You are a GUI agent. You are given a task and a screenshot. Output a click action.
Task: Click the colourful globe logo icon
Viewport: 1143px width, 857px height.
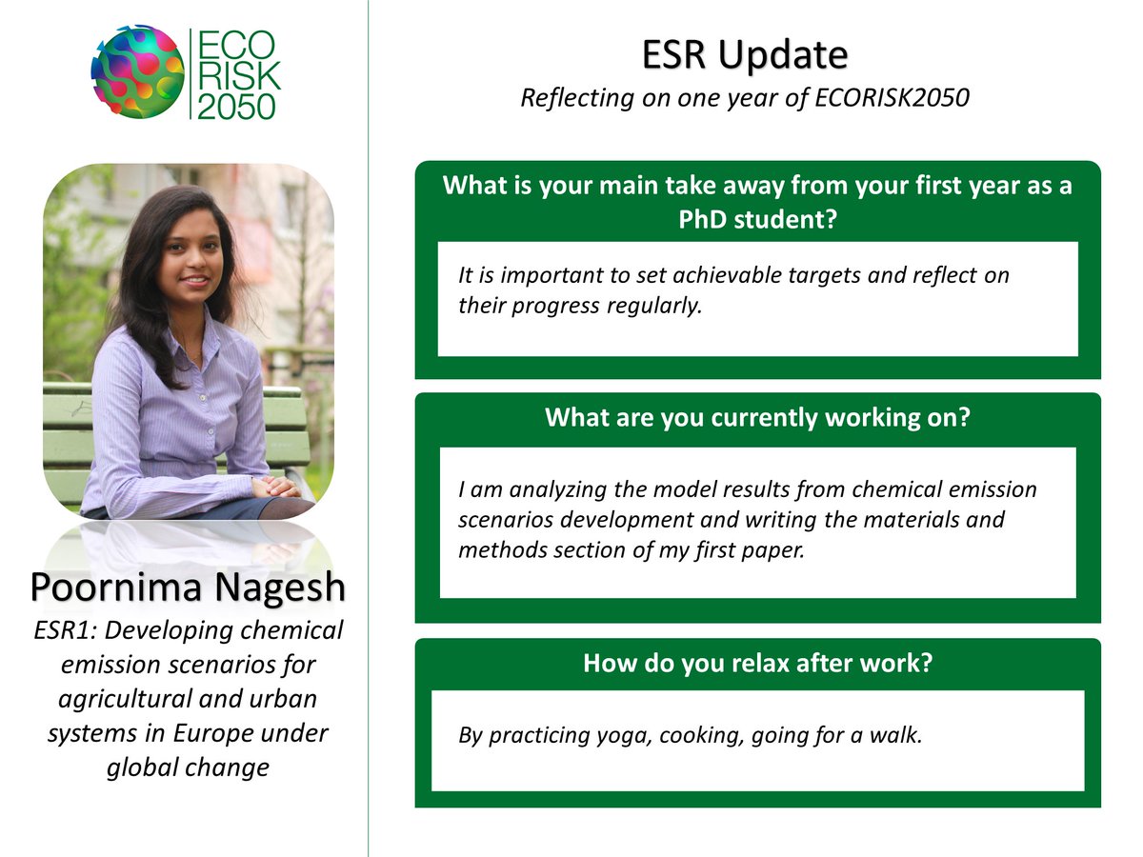point(137,71)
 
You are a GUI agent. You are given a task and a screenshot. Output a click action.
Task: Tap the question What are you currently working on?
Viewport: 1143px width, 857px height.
point(757,417)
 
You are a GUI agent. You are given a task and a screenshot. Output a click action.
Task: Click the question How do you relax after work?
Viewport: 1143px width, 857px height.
point(757,663)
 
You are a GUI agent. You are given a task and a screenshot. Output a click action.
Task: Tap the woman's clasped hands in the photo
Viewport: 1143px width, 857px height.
point(276,487)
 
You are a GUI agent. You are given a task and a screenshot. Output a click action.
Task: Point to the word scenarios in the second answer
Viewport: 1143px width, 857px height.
point(500,520)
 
